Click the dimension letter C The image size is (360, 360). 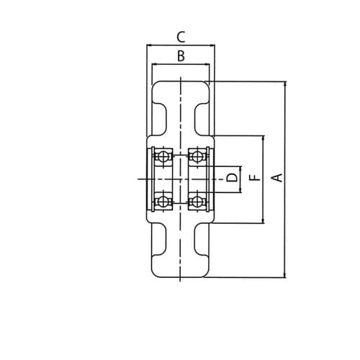(x=181, y=37)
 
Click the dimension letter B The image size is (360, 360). (x=181, y=55)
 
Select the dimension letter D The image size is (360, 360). (x=233, y=178)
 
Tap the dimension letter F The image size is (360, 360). (x=255, y=178)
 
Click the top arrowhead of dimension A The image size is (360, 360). (x=285, y=84)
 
